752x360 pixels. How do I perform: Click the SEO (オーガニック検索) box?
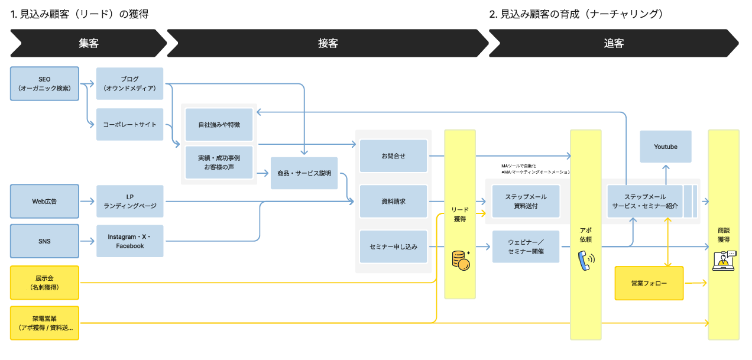pos(44,83)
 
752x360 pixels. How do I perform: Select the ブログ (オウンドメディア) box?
pos(129,83)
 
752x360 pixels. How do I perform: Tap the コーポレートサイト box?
pos(129,125)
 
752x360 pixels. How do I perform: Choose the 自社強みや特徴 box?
pos(219,125)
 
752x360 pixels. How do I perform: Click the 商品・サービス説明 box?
pos(304,173)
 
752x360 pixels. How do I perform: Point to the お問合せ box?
pos(393,156)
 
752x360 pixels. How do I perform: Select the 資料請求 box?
pos(393,202)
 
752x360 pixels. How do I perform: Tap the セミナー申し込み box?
pos(393,247)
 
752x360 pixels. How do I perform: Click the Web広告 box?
pos(44,202)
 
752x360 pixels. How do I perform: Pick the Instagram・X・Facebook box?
pos(129,241)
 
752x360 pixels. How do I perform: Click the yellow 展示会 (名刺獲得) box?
pos(44,282)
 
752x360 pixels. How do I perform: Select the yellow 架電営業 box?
pos(44,323)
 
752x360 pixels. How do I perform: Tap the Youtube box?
pos(666,147)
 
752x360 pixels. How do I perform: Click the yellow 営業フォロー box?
pos(649,284)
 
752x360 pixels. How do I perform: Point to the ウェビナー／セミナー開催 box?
pos(526,247)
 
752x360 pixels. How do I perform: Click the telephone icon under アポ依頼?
pos(586,260)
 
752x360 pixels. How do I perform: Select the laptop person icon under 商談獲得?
pos(724,261)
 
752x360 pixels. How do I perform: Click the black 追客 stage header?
pos(613,43)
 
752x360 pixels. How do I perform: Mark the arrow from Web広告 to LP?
pos(87,202)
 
